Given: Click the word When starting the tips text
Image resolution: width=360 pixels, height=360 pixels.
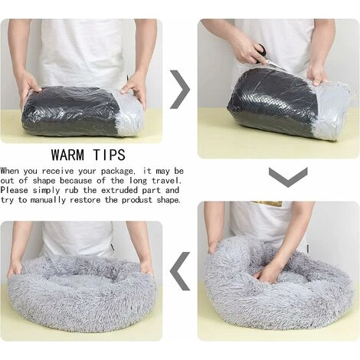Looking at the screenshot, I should pos(11,171).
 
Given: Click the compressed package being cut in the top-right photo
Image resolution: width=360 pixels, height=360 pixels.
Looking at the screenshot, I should pos(280,107).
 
